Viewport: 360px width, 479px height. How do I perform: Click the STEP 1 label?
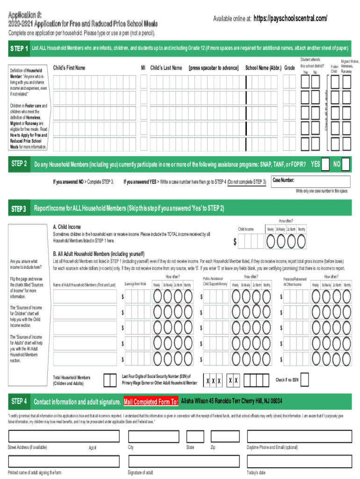click(20, 48)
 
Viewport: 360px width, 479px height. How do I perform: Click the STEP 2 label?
click(19, 164)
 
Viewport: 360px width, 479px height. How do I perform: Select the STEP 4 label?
click(19, 401)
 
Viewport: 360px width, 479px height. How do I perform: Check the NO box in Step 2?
click(346, 165)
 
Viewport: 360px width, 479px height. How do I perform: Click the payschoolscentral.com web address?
click(290, 18)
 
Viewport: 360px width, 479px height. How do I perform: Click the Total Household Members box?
click(110, 380)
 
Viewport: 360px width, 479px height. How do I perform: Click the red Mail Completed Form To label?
click(151, 402)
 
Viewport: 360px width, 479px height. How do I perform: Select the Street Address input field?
click(63, 435)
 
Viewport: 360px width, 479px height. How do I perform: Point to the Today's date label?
click(256, 472)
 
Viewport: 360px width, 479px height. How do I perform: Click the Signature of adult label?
click(140, 472)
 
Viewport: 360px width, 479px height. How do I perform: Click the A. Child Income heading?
click(70, 227)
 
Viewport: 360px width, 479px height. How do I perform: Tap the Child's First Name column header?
click(69, 68)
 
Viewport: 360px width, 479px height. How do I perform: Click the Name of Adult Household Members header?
click(84, 285)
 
